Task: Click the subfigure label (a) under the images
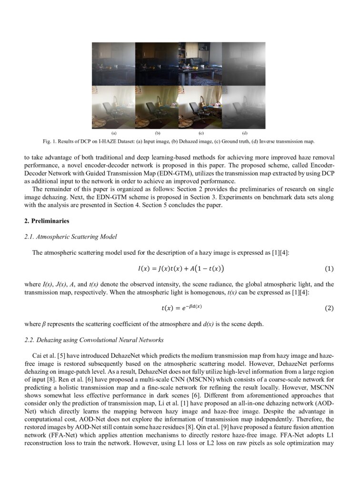(113, 133)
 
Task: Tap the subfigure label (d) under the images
(244, 133)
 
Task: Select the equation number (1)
(329, 269)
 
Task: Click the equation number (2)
(329, 308)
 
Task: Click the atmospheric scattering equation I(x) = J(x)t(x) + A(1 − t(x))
(180, 269)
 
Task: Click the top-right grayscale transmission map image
(244, 64)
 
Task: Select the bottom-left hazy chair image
(113, 107)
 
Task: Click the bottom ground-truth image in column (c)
(200, 107)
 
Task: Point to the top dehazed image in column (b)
(157, 64)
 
